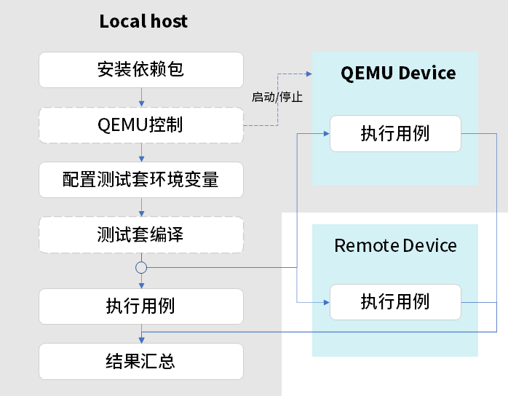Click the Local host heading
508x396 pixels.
click(x=143, y=21)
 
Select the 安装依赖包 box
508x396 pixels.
click(x=140, y=69)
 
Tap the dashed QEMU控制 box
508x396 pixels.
click(x=140, y=124)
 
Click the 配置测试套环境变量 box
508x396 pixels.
click(x=140, y=179)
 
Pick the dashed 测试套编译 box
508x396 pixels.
click(x=140, y=234)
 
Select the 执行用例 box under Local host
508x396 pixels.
click(x=140, y=306)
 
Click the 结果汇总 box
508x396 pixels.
click(x=140, y=361)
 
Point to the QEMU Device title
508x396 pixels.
click(x=398, y=73)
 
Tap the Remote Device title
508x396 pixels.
click(x=395, y=245)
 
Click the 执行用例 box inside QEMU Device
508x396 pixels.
click(x=395, y=134)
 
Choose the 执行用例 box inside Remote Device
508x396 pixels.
click(x=395, y=301)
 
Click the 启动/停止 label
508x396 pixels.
click(x=277, y=97)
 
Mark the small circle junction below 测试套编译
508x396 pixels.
click(x=141, y=268)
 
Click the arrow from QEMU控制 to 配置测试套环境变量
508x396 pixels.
click(x=141, y=151)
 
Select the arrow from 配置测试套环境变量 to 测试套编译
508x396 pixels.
click(x=141, y=207)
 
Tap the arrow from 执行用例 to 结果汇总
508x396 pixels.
click(x=141, y=333)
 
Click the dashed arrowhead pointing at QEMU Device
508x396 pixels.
click(x=309, y=74)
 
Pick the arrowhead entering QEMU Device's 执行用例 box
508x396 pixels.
click(x=326, y=134)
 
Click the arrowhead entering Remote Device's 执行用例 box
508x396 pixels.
click(x=326, y=301)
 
